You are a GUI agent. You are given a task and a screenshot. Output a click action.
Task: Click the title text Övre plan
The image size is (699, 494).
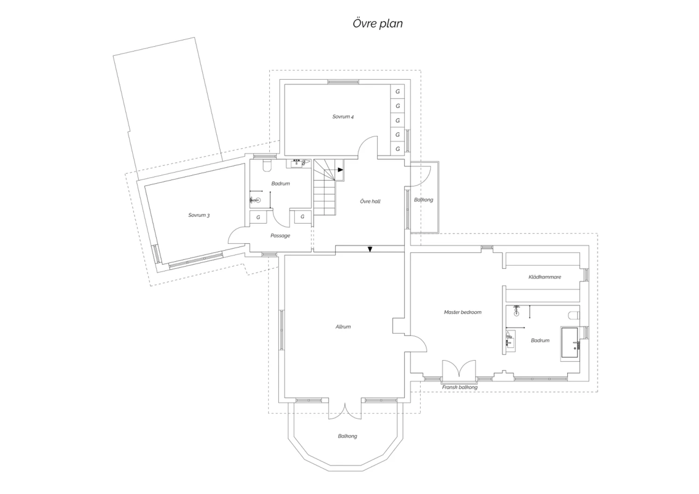[377, 23]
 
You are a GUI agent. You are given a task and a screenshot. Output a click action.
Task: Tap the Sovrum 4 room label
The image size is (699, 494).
[343, 117]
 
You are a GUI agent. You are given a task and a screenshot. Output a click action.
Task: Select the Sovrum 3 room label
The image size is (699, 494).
[199, 215]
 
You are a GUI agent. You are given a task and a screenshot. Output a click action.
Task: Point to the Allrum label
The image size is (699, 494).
[343, 327]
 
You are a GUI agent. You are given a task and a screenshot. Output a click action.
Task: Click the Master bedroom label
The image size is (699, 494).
[462, 312]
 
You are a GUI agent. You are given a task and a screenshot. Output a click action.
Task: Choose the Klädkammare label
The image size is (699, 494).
[545, 277]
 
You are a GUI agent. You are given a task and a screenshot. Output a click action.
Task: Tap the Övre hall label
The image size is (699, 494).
[370, 201]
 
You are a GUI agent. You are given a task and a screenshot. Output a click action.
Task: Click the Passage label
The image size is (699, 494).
[280, 236]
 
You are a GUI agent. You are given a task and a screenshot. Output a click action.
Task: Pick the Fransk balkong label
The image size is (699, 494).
[459, 387]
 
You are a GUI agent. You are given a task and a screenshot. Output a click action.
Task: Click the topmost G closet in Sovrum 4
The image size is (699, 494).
[397, 91]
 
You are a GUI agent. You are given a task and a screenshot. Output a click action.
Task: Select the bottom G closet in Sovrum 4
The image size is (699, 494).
[397, 149]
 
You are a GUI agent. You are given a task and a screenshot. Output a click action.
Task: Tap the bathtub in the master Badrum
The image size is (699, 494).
[570, 342]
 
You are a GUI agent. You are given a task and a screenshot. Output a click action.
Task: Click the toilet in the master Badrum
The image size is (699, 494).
[574, 316]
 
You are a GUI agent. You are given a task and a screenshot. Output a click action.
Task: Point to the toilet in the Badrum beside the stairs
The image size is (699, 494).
[267, 165]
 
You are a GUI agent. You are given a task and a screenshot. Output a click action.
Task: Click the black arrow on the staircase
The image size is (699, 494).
[341, 170]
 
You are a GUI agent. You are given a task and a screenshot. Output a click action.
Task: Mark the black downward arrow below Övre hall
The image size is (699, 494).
[370, 249]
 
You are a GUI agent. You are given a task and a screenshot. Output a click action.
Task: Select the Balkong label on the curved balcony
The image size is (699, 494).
[347, 436]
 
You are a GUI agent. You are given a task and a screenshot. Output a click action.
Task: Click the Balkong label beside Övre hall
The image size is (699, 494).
[424, 200]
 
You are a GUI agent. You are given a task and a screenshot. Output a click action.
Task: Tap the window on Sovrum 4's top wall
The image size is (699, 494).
[343, 82]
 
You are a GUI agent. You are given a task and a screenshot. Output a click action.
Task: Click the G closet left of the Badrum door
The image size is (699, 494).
[258, 217]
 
